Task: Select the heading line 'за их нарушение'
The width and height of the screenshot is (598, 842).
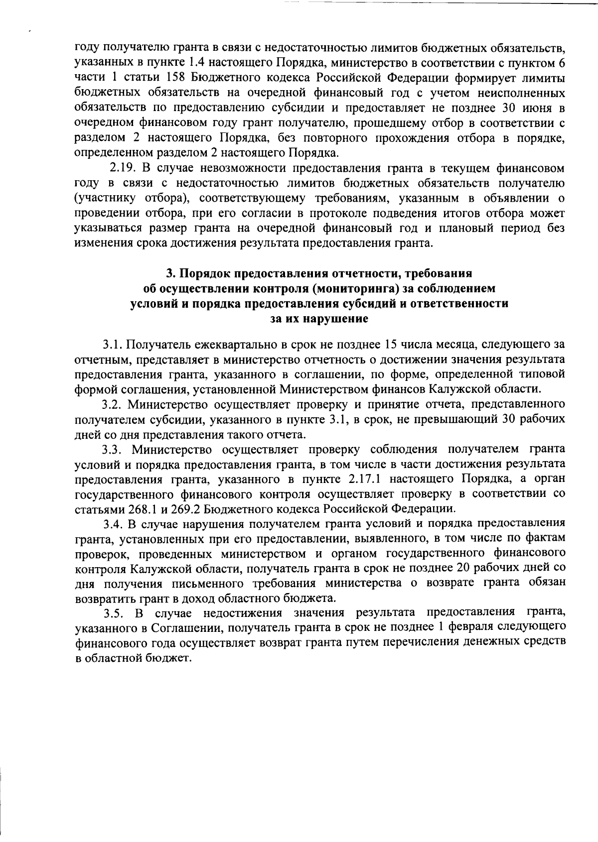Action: pyautogui.click(x=319, y=319)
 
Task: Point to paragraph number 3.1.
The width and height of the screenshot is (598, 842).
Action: pyautogui.click(x=112, y=344)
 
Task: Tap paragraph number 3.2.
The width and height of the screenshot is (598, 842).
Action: pyautogui.click(x=112, y=404)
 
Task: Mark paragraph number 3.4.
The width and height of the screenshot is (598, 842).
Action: pyautogui.click(x=112, y=523)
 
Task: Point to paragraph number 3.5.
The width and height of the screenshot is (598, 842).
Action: pyautogui.click(x=112, y=612)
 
